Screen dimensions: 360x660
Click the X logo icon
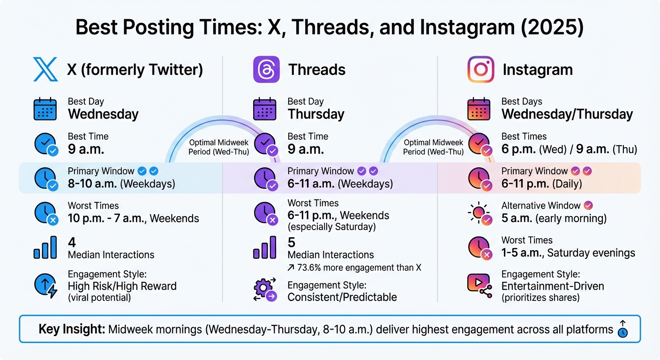click(45, 69)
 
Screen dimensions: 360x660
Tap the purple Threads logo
click(266, 69)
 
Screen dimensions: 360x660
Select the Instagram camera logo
click(480, 69)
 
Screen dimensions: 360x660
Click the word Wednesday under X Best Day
click(103, 114)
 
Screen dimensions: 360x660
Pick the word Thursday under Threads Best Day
click(316, 114)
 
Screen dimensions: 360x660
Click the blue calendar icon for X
click(45, 109)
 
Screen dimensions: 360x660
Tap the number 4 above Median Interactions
click(72, 242)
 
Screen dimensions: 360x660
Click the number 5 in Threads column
click(291, 242)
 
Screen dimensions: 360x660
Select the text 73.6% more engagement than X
click(354, 268)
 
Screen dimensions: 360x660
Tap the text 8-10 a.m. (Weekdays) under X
click(121, 184)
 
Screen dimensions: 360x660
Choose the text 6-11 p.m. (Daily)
click(541, 184)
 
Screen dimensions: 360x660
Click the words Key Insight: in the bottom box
click(72, 329)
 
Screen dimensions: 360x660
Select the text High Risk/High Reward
click(122, 286)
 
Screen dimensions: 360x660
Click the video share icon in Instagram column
click(480, 284)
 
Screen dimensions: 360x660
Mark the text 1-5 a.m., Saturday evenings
click(568, 253)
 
